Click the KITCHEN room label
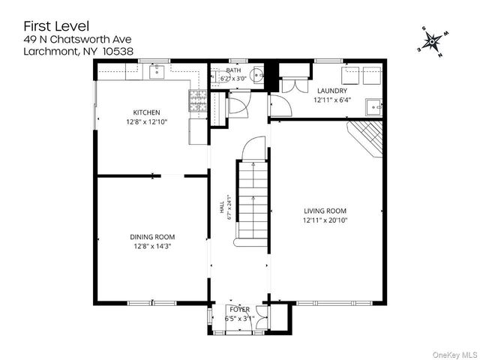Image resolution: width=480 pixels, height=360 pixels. click(x=146, y=112)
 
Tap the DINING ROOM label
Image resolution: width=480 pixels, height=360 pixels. click(x=152, y=237)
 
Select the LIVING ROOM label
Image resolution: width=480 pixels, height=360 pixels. click(x=325, y=211)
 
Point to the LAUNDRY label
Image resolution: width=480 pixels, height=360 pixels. click(x=332, y=91)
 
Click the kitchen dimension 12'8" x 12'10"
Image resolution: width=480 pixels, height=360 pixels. click(x=147, y=121)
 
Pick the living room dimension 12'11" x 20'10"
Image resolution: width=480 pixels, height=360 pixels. click(x=325, y=220)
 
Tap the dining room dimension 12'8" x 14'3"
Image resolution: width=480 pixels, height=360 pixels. click(x=152, y=246)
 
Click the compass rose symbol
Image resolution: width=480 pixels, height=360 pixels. click(x=432, y=41)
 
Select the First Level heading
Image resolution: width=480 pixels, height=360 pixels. click(x=56, y=26)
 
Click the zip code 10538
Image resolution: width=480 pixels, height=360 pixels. click(x=118, y=51)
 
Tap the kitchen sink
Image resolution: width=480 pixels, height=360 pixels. click(x=157, y=72)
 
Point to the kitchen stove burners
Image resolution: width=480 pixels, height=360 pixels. click(x=197, y=100)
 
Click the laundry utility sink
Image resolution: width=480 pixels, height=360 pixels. click(x=373, y=107)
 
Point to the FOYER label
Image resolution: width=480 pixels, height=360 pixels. click(x=240, y=310)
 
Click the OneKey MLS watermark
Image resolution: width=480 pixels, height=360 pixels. click(x=455, y=355)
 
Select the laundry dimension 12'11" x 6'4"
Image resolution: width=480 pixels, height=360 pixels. click(x=332, y=100)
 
